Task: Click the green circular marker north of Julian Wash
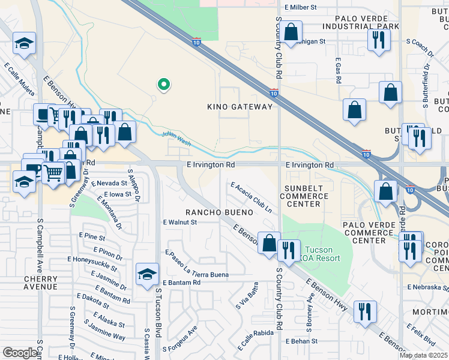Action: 163,85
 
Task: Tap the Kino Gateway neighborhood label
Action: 240,107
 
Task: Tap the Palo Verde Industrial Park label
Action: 369,23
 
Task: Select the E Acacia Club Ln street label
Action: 251,198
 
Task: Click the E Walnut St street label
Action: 180,222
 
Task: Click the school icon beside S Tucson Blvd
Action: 147,274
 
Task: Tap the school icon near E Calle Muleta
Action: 25,43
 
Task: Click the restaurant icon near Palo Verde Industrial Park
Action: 379,39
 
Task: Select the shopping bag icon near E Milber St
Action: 291,33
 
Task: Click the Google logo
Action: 20,353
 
